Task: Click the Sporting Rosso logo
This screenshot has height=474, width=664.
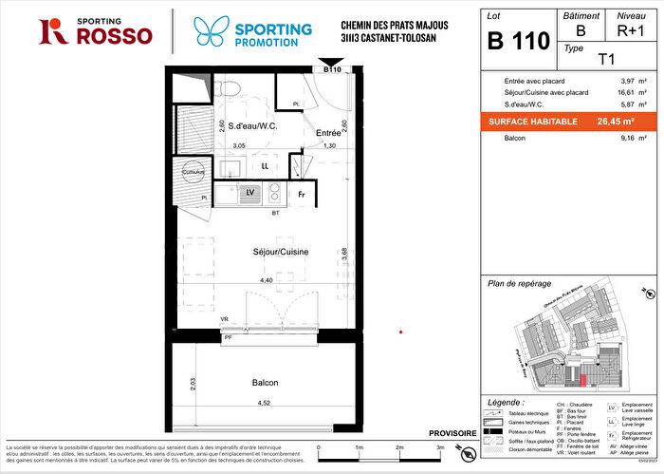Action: [94, 30]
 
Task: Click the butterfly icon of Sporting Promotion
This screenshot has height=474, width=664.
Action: [210, 29]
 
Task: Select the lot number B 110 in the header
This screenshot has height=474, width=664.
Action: [518, 40]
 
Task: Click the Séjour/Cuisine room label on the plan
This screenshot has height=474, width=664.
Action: [252, 252]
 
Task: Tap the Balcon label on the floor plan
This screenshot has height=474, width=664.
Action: [265, 383]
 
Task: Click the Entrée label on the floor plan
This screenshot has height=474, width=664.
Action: [328, 134]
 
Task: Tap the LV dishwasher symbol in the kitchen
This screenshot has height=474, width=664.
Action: [250, 193]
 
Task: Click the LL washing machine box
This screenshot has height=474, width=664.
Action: [267, 166]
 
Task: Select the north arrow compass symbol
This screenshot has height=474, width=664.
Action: [465, 453]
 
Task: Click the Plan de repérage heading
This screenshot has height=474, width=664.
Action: [519, 282]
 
